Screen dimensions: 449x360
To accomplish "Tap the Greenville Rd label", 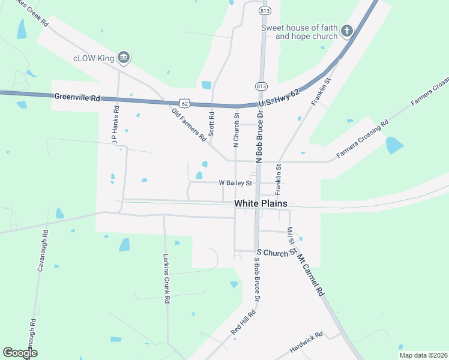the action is (x=77, y=97).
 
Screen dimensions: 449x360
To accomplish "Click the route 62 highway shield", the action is (x=185, y=104).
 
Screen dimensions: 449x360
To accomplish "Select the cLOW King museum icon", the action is (x=124, y=58).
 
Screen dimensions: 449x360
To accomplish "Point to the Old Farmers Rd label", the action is (x=189, y=124).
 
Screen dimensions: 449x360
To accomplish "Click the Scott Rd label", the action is (x=211, y=125).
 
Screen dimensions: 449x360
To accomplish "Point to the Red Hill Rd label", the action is (x=244, y=322).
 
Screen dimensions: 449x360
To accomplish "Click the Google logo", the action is (x=20, y=353).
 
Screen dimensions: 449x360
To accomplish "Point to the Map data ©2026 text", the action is (x=423, y=355).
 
